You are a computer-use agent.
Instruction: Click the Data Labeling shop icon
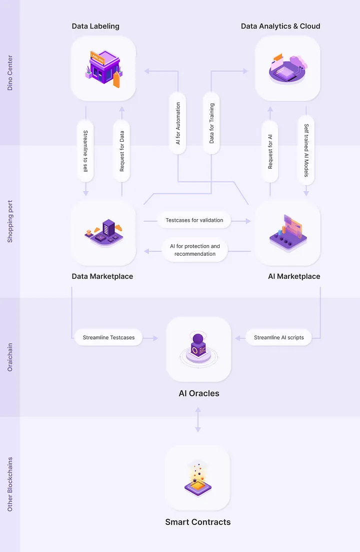pos(103,69)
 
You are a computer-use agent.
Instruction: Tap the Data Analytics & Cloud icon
pos(288,69)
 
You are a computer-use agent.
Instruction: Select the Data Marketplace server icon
pos(103,232)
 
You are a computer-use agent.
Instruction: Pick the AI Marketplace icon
pos(288,232)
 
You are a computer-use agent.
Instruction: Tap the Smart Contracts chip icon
pos(198,478)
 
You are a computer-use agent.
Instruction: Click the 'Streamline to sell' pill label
pos(85,151)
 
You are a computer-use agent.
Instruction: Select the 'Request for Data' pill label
pos(122,151)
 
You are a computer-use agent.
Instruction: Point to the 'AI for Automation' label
pos(178,123)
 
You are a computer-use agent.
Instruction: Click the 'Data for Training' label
pos(211,123)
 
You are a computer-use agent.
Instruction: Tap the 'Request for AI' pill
pos(270,151)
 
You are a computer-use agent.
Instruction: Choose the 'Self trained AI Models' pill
pos(306,150)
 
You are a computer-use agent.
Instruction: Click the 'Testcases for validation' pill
pos(194,220)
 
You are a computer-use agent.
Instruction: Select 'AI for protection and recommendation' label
pos(195,250)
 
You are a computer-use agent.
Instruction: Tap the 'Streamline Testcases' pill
pos(108,337)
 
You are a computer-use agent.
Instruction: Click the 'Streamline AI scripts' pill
pos(279,337)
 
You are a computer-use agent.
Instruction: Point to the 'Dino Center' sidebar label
pos(10,73)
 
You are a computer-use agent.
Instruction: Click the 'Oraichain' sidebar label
pos(10,357)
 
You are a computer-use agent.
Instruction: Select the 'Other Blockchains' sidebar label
pos(10,484)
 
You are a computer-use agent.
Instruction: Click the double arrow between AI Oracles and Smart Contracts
pos(198,420)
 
